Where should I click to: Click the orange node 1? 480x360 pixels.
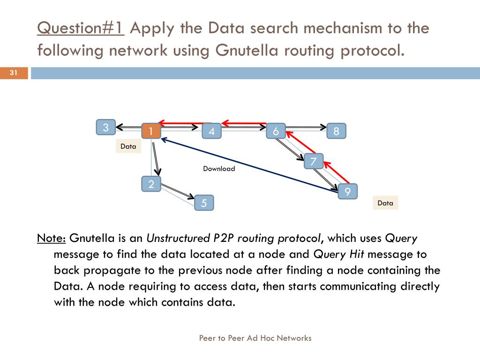151,131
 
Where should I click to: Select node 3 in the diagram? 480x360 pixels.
106,127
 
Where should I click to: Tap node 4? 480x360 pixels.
212,131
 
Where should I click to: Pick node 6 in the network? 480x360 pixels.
276,131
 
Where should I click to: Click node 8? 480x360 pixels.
336,131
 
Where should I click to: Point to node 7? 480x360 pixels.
313,162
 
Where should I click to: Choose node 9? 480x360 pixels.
347,191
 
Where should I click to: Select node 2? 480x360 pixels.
151,184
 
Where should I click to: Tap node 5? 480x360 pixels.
204,202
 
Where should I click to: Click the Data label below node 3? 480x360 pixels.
128,146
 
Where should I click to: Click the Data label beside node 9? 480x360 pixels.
385,203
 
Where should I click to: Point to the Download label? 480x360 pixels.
219,169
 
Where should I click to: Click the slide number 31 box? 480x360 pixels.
14,73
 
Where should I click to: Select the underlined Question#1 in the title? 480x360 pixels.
80,28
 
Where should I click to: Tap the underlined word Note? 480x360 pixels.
51,238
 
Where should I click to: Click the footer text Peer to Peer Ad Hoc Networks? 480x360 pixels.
255,338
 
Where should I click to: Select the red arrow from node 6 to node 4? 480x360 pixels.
244,123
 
